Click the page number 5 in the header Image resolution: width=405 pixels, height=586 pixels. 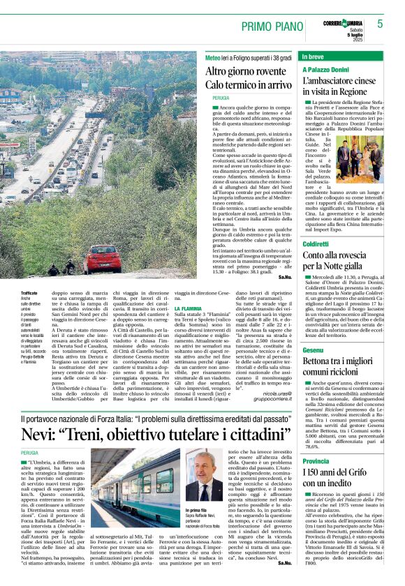[x=380, y=24]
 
